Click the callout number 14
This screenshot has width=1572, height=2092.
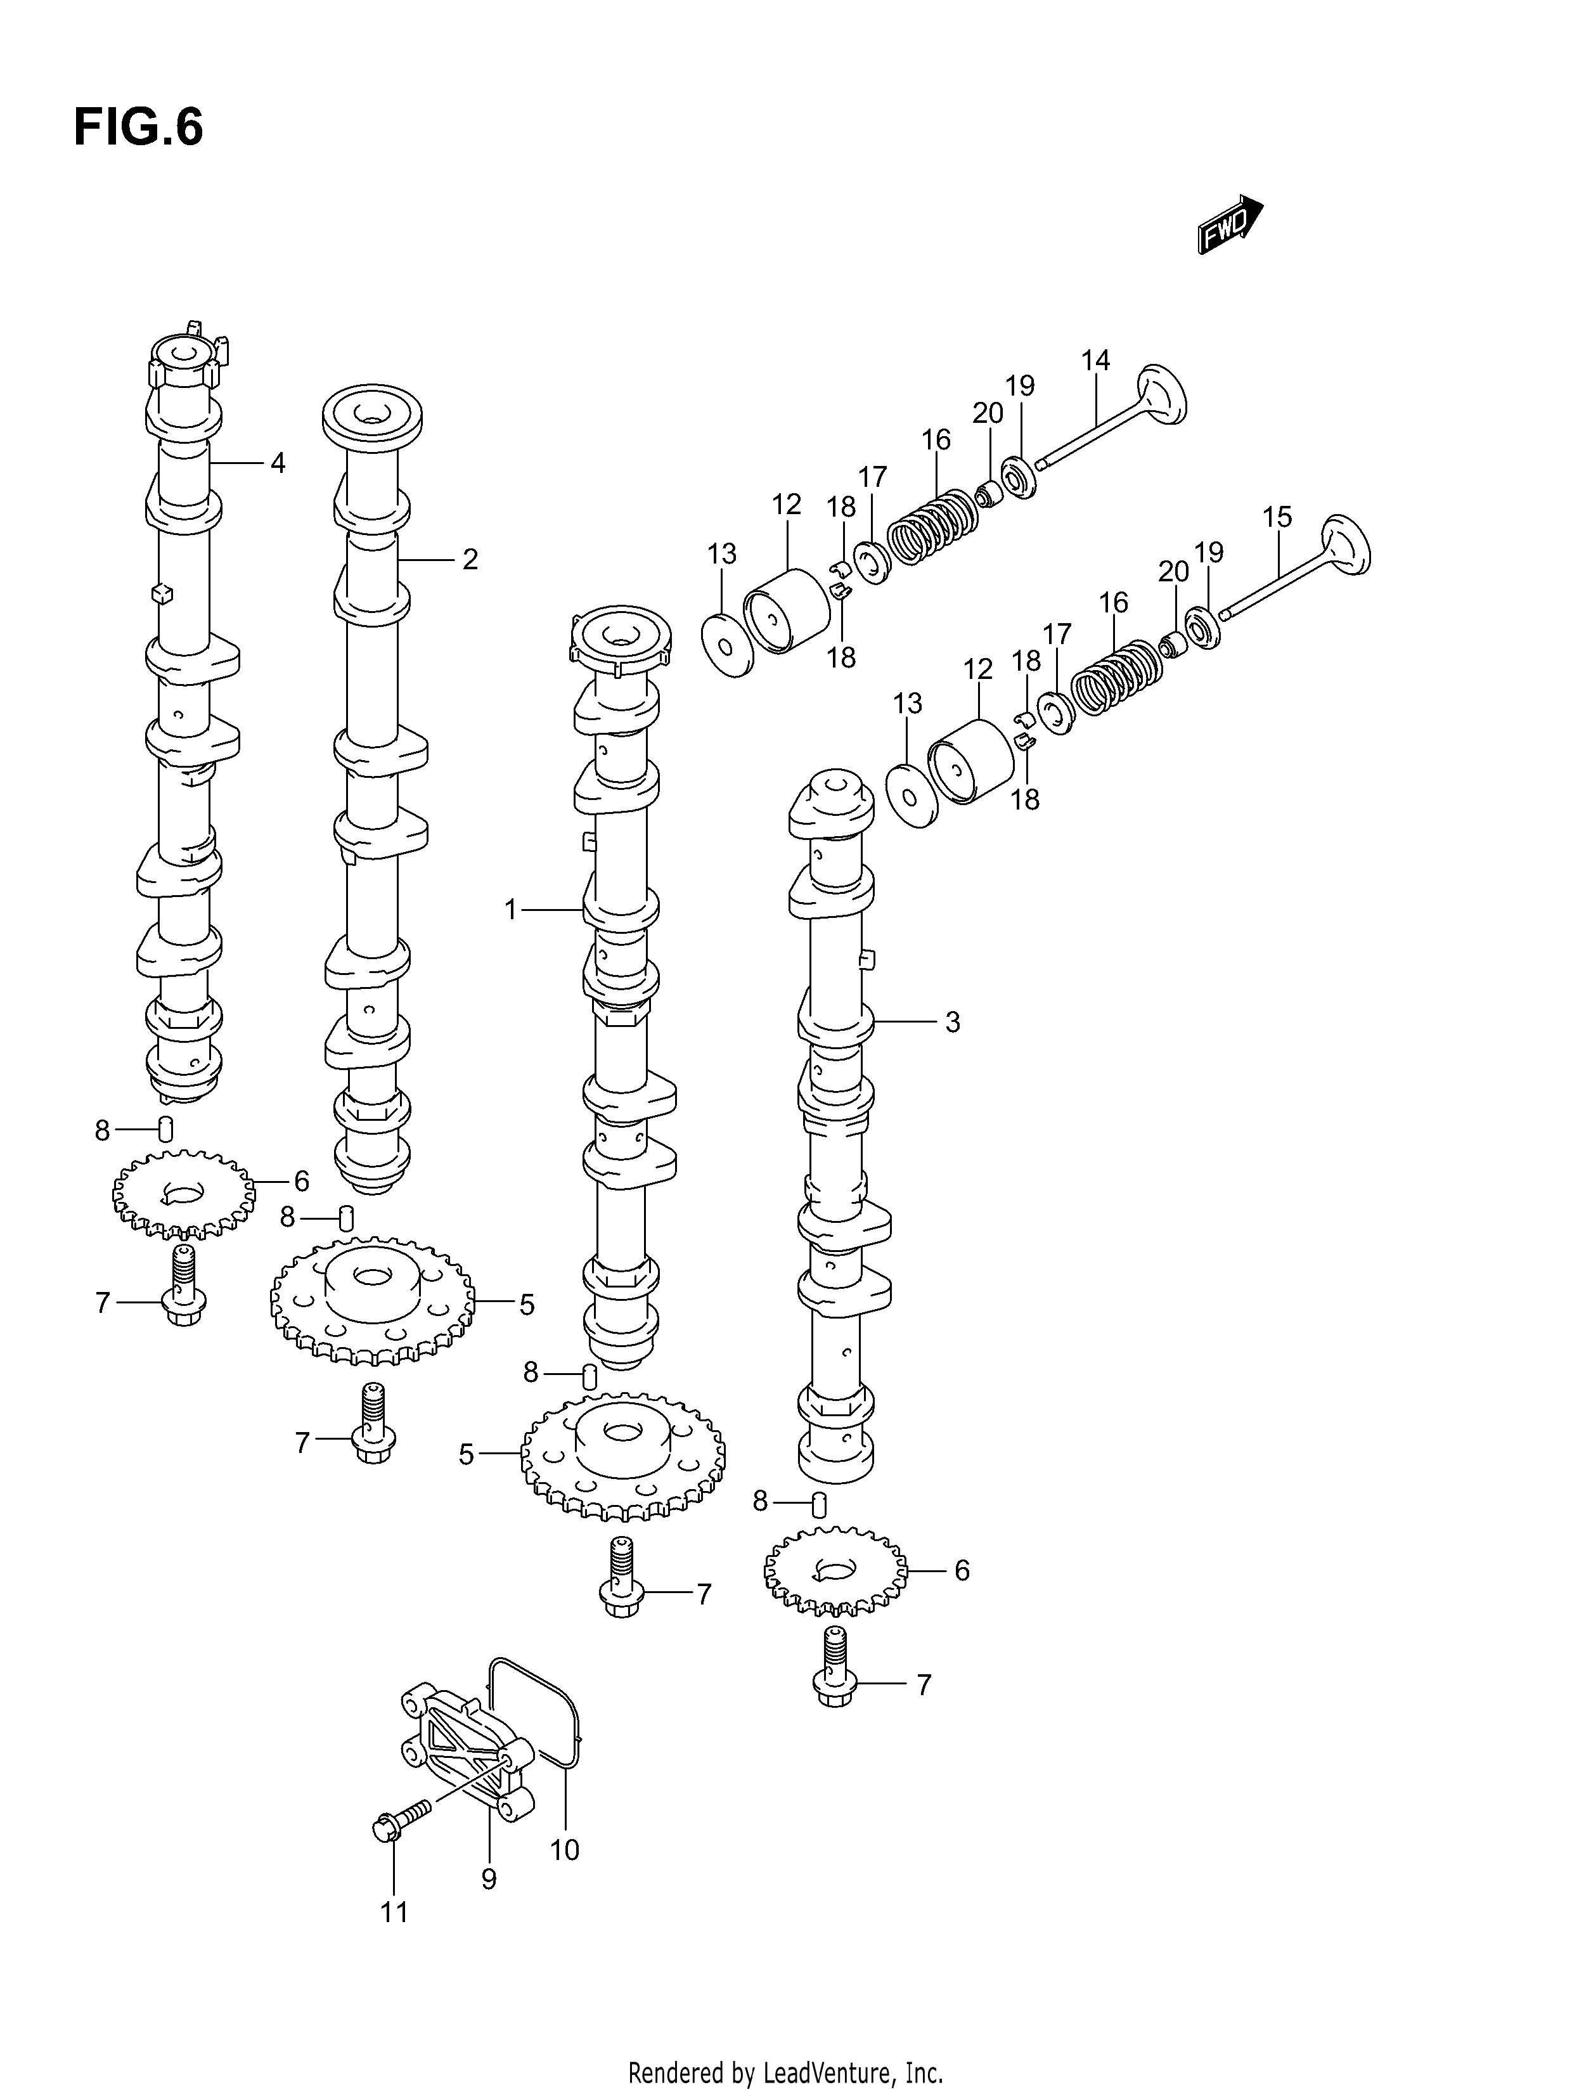pos(1095,360)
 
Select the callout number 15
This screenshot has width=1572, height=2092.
pos(1277,517)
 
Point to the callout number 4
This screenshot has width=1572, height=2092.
pos(277,463)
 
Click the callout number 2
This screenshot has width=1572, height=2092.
pos(470,560)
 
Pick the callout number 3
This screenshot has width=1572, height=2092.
pos(953,1023)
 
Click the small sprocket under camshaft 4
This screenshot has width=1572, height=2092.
pos(183,1194)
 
